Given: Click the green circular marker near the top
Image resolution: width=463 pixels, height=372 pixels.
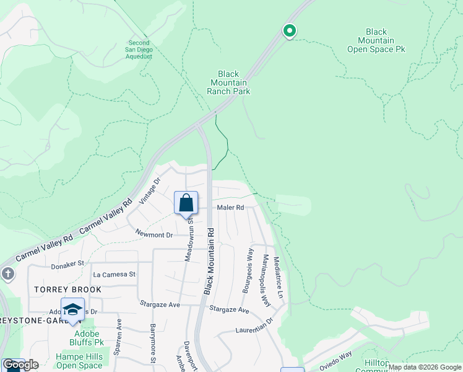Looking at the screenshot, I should click(289, 30).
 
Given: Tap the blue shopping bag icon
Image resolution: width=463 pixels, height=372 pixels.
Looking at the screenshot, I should click(186, 202).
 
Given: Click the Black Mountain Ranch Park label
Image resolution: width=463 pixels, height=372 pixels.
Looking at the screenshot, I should click(228, 82).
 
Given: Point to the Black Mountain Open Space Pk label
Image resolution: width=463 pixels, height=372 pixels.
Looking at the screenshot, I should click(376, 40).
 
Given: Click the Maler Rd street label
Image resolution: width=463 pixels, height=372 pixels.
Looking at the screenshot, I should click(230, 208).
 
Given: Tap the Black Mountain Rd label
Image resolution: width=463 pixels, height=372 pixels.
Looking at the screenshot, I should click(210, 260).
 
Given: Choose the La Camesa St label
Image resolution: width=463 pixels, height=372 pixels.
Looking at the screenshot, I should click(114, 274).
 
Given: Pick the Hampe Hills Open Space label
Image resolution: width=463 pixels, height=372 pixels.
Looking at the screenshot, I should click(79, 361).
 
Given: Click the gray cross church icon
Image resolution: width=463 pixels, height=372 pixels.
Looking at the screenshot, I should click(7, 273).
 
